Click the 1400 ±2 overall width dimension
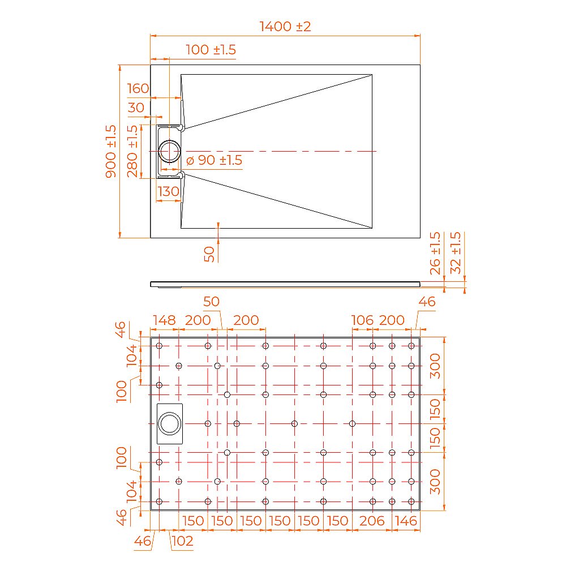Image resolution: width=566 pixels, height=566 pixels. click(285, 26)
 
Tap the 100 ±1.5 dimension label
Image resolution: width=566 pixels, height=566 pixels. click(211, 50)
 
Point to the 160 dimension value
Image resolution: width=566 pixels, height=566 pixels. click(138, 88)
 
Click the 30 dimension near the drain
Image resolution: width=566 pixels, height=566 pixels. click(136, 108)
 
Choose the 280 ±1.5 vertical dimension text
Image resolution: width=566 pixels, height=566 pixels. click(132, 151)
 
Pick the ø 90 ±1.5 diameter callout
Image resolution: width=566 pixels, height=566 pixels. click(214, 160)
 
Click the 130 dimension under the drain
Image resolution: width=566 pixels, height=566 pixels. click(168, 191)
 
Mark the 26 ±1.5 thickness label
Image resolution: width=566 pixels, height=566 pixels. click(435, 253)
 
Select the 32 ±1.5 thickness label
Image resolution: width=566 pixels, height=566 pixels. click(455, 253)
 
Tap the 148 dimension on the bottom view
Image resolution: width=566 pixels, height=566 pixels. click(164, 320)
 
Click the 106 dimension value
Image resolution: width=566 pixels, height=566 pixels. click(362, 320)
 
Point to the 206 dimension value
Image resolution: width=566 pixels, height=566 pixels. click(372, 521)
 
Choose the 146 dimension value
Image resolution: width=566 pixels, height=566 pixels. click(406, 521)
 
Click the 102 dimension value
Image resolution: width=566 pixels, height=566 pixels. click(182, 541)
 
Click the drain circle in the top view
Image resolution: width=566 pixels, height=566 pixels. click(169, 151)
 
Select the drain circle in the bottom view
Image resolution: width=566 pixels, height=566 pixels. click(169, 423)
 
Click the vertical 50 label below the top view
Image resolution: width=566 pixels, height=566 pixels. click(210, 254)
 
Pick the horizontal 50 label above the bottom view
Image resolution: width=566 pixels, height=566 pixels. click(211, 302)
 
